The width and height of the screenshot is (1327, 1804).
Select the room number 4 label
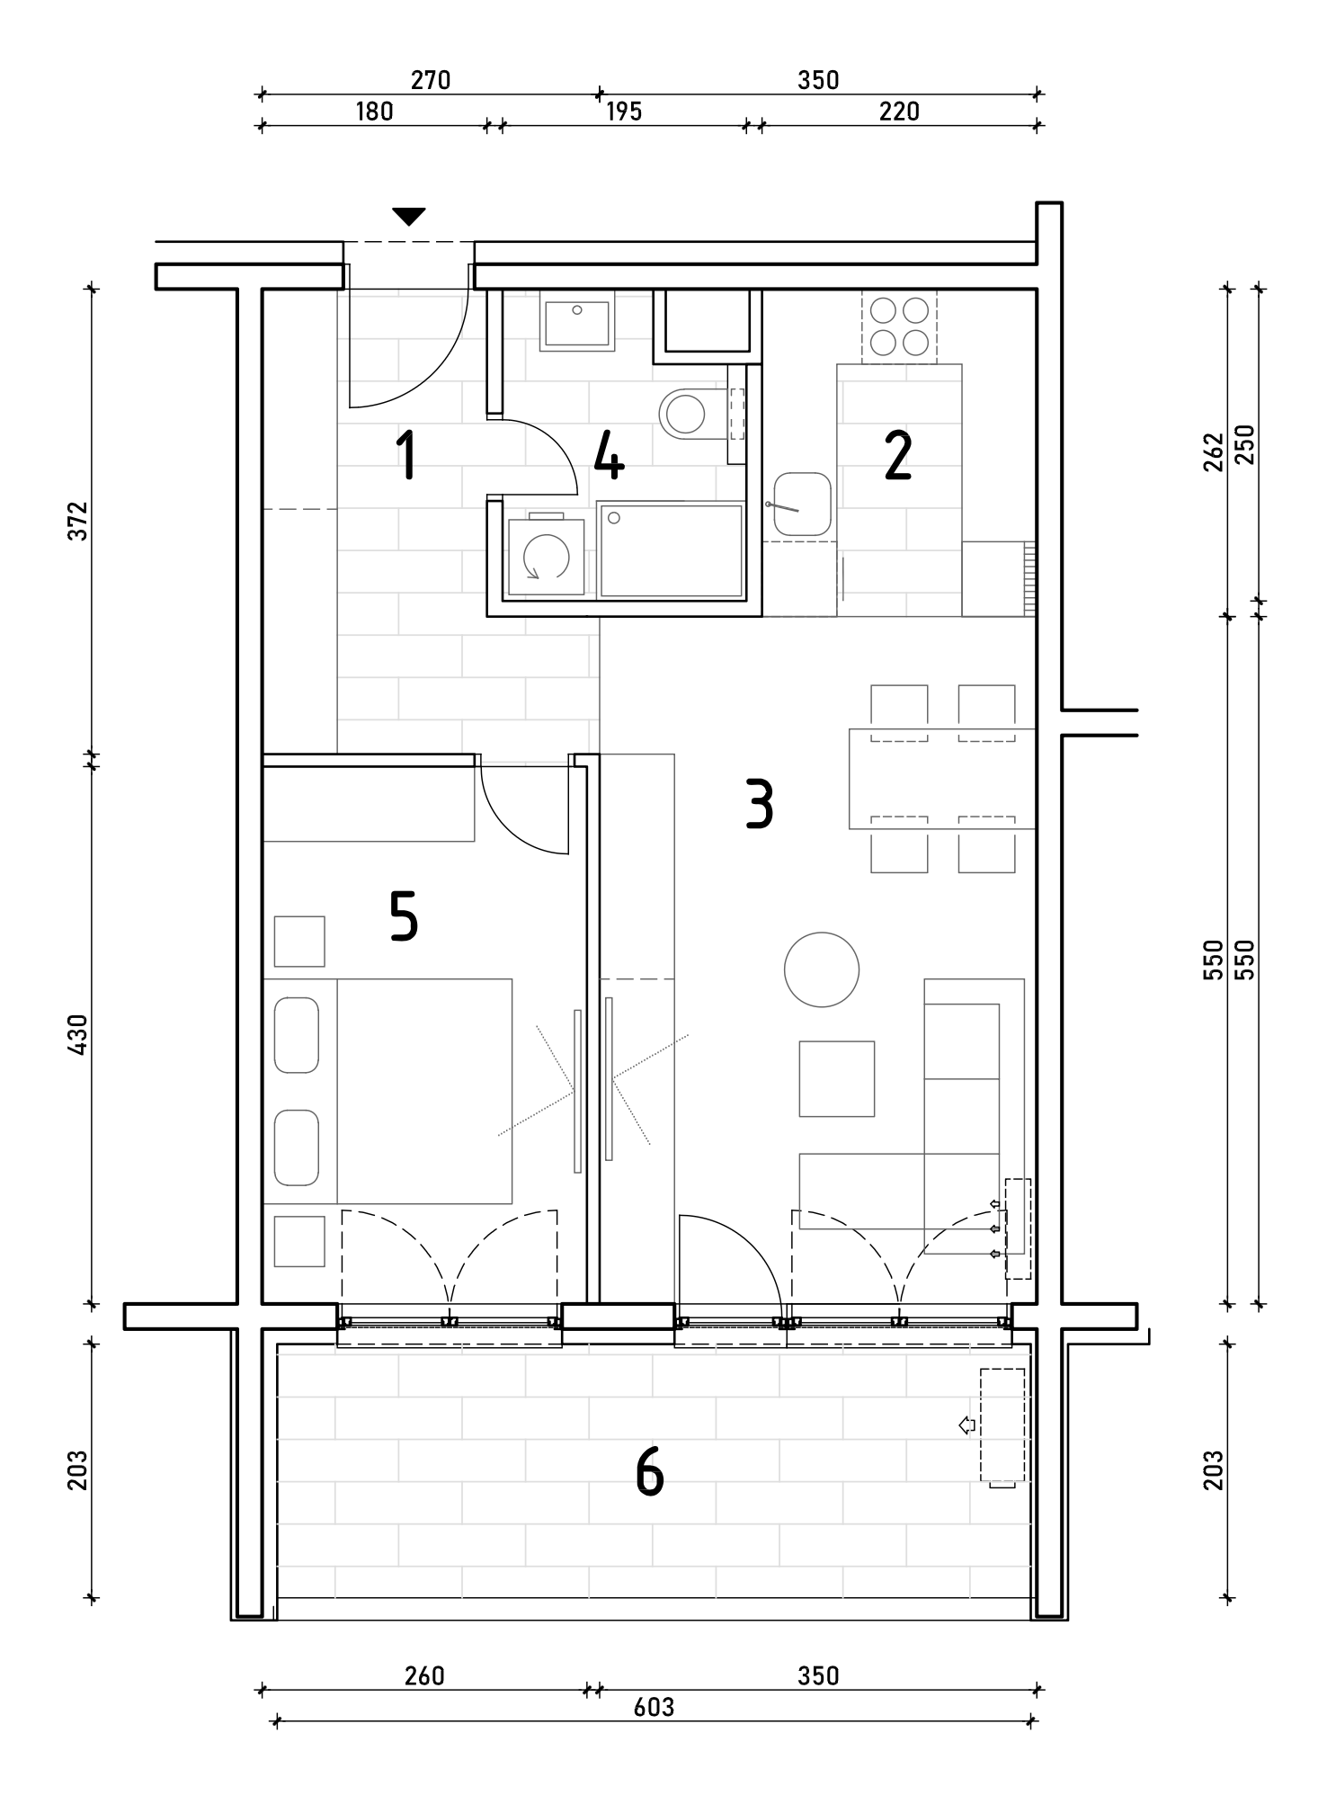(x=609, y=455)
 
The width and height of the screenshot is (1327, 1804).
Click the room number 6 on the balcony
(x=649, y=1472)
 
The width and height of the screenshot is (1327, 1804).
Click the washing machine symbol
(x=546, y=554)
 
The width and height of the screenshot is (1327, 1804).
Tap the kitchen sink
(x=801, y=505)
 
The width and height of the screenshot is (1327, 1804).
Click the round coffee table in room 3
(x=822, y=969)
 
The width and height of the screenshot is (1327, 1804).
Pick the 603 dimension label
(x=654, y=1707)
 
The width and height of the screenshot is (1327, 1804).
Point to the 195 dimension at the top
(x=624, y=112)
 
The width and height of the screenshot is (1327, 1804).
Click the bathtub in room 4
(x=671, y=549)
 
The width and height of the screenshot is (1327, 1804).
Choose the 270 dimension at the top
(x=431, y=80)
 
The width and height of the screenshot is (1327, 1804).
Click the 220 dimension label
(x=899, y=112)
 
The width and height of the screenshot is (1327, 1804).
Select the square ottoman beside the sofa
(x=837, y=1079)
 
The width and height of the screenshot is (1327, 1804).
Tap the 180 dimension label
(x=374, y=112)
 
